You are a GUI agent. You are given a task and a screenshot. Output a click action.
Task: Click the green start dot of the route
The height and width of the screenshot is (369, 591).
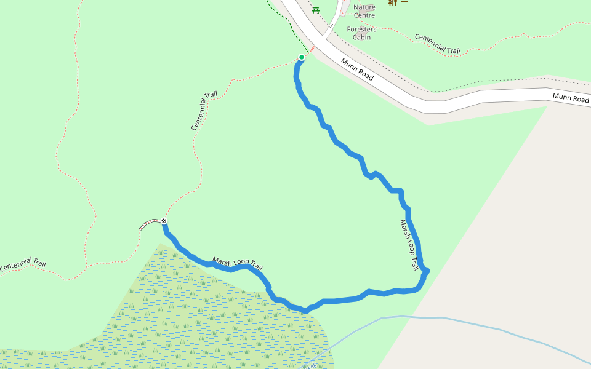pyautogui.click(x=302, y=57)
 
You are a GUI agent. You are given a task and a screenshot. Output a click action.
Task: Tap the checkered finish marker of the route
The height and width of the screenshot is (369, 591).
pyautogui.click(x=164, y=221)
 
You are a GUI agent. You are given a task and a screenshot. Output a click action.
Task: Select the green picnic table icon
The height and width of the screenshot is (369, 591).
pyautogui.click(x=316, y=10)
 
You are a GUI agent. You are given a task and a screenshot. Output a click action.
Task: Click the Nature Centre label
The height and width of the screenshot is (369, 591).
pyautogui.click(x=364, y=11)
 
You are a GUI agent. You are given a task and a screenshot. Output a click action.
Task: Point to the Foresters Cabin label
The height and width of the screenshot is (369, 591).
pyautogui.click(x=361, y=33)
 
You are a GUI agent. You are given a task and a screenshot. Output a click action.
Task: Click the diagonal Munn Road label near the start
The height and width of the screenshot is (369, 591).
pyautogui.click(x=357, y=69)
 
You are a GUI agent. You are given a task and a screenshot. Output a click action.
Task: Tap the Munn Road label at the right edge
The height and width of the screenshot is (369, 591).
pyautogui.click(x=571, y=98)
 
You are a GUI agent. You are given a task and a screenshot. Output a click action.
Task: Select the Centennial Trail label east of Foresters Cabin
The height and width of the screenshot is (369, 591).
pyautogui.click(x=438, y=42)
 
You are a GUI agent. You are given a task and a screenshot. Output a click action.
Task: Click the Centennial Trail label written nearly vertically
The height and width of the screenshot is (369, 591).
pyautogui.click(x=204, y=111)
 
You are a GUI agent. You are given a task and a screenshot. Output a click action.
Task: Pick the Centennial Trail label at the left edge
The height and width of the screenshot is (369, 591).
pyautogui.click(x=23, y=266)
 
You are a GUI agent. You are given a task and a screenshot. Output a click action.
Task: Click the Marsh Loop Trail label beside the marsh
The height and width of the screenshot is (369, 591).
pyautogui.click(x=238, y=264)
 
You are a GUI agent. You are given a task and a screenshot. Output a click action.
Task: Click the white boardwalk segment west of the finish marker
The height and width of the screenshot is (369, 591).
pyautogui.click(x=150, y=223)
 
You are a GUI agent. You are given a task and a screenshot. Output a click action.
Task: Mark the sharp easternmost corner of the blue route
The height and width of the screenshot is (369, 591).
pyautogui.click(x=427, y=271)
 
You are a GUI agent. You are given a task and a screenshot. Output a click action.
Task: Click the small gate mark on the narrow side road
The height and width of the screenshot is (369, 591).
pyautogui.click(x=331, y=26)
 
